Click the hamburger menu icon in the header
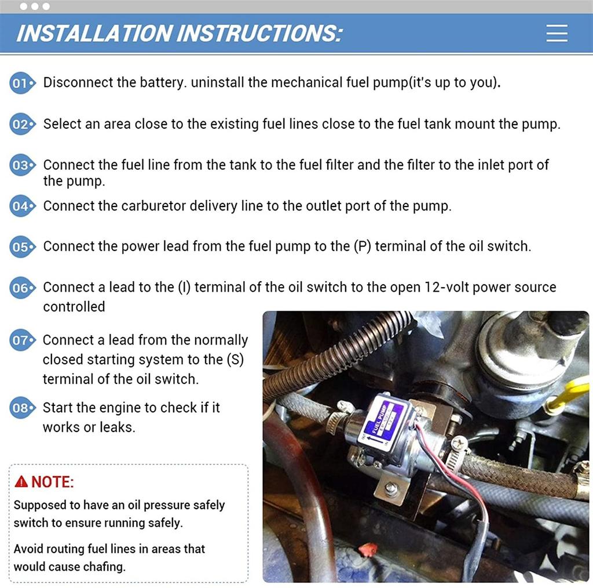(x=557, y=33)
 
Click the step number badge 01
(x=21, y=84)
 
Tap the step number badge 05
(x=21, y=247)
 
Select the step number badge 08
(x=21, y=408)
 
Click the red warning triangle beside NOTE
(x=21, y=481)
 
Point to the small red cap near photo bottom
(x=367, y=549)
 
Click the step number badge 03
(x=21, y=165)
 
